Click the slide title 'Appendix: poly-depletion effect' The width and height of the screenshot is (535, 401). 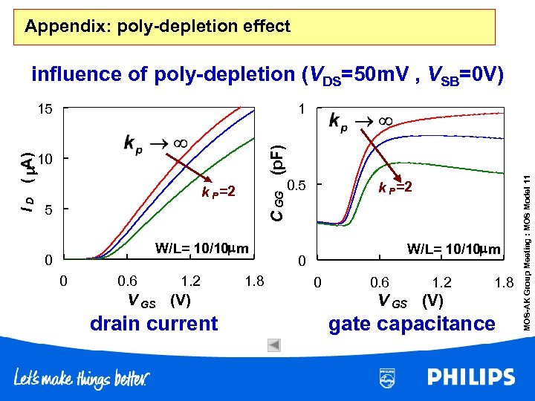pyautogui.click(x=157, y=27)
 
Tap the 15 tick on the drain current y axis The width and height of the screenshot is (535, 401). pyautogui.click(x=47, y=110)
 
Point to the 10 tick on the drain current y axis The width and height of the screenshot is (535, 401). pyautogui.click(x=47, y=160)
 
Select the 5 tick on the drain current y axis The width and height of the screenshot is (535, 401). pyautogui.click(x=47, y=210)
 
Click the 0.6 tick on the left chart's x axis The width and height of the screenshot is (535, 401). pyautogui.click(x=128, y=281)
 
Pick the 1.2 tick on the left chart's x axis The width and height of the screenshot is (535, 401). pyautogui.click(x=191, y=281)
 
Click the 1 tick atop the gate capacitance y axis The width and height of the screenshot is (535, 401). pyautogui.click(x=300, y=110)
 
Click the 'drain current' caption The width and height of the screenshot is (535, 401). pyautogui.click(x=153, y=324)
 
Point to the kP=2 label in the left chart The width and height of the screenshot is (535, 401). pyautogui.click(x=218, y=192)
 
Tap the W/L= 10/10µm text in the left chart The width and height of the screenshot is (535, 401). pyautogui.click(x=201, y=247)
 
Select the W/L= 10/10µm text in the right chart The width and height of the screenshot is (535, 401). pyautogui.click(x=454, y=249)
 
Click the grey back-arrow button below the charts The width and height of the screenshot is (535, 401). pyautogui.click(x=273, y=345)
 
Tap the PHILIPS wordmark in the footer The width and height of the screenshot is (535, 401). pyautogui.click(x=470, y=376)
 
